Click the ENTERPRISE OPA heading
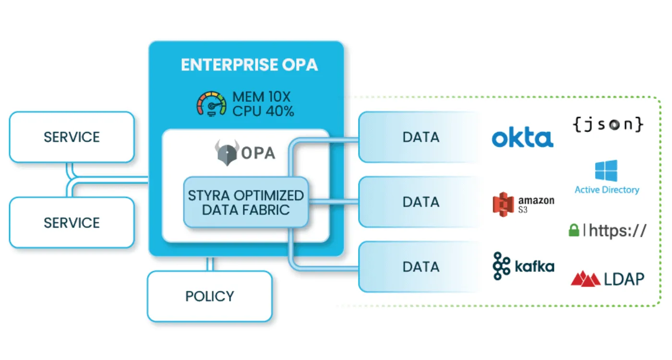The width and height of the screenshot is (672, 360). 249,65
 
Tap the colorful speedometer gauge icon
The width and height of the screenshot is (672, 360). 211,104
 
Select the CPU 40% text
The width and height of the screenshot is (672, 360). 263,111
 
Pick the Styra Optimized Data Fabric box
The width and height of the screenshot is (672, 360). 246,202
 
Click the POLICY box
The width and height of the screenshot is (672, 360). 210,296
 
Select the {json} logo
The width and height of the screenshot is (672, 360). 608,124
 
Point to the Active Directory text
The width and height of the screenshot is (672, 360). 607,190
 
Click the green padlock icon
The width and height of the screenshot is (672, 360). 574,230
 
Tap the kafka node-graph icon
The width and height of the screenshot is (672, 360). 502,265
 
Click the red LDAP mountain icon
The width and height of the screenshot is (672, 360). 585,278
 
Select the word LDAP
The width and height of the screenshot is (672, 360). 624,279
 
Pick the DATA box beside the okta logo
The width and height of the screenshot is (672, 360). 420,137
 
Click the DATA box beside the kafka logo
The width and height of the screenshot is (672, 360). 420,267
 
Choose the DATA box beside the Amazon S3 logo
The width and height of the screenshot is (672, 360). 420,202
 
